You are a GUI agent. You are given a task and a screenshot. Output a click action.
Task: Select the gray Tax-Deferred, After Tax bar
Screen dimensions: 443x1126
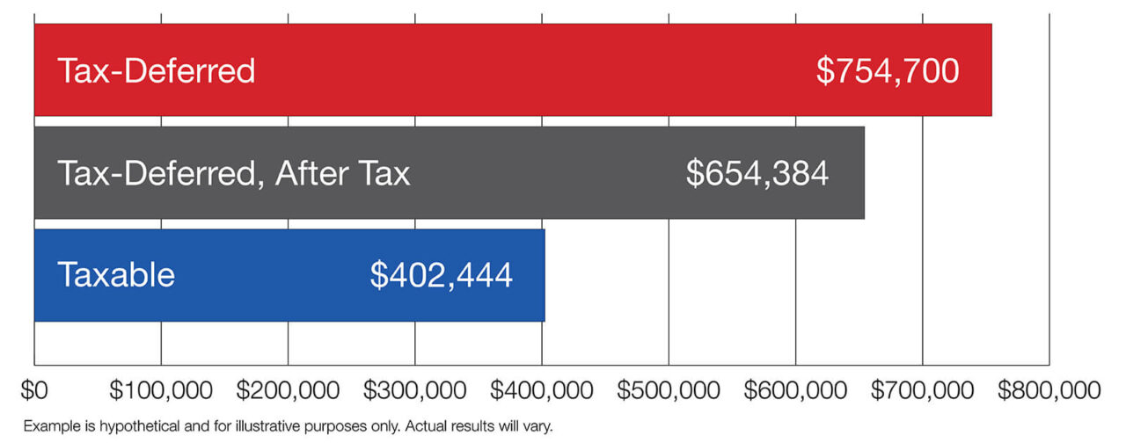[x=545, y=173]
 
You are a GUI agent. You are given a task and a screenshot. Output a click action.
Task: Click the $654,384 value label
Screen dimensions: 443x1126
[x=757, y=173]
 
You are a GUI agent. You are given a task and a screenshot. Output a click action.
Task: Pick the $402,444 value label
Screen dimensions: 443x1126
[x=441, y=275]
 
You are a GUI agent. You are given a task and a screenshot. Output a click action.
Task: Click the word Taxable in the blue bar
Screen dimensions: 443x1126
[x=116, y=275]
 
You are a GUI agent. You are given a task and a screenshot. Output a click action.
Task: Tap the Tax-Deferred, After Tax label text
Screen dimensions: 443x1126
[x=234, y=173]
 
